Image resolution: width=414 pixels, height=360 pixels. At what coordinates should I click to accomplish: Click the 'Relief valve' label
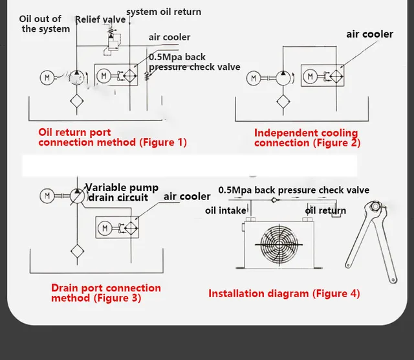[100, 19]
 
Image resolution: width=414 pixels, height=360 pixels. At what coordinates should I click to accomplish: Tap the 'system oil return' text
[164, 12]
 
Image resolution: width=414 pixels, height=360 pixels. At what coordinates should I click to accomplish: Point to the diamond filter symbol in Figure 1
[78, 101]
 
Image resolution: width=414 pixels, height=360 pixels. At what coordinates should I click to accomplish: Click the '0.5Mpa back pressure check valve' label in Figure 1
[194, 62]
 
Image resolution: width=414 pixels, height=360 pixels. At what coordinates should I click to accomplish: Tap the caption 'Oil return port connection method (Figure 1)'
[112, 137]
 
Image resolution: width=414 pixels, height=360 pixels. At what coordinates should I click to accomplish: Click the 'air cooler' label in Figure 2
[369, 34]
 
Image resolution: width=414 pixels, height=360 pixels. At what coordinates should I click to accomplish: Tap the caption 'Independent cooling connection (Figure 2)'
[307, 137]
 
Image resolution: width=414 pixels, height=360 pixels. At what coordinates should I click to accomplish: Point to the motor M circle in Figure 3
[47, 194]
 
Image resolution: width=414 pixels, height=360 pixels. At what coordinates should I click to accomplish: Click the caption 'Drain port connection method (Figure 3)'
[105, 293]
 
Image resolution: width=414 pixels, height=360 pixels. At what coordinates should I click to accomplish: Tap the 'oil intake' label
[226, 210]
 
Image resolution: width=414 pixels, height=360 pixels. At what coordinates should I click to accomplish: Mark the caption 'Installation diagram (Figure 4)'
[283, 293]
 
